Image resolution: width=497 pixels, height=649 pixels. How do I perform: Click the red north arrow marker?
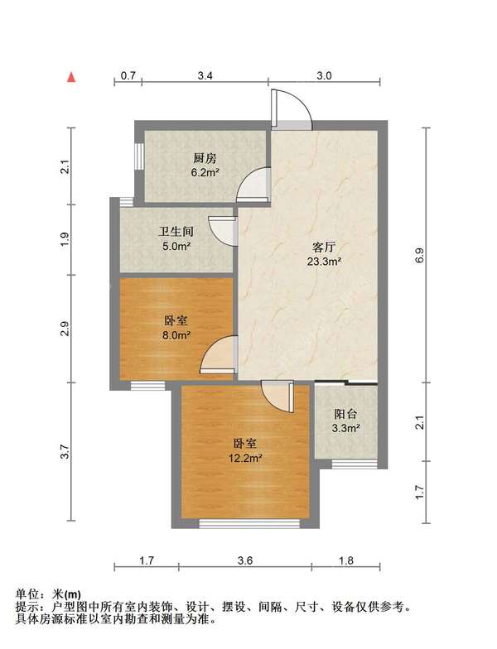pyautogui.click(x=72, y=77)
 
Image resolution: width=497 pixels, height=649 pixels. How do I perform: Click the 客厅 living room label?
pyautogui.click(x=323, y=247)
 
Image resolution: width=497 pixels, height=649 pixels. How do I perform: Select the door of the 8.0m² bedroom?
pyautogui.click(x=220, y=354)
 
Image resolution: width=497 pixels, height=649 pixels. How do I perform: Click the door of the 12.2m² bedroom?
pyautogui.click(x=276, y=397)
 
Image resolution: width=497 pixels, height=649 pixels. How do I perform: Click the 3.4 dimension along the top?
pyautogui.click(x=205, y=75)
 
